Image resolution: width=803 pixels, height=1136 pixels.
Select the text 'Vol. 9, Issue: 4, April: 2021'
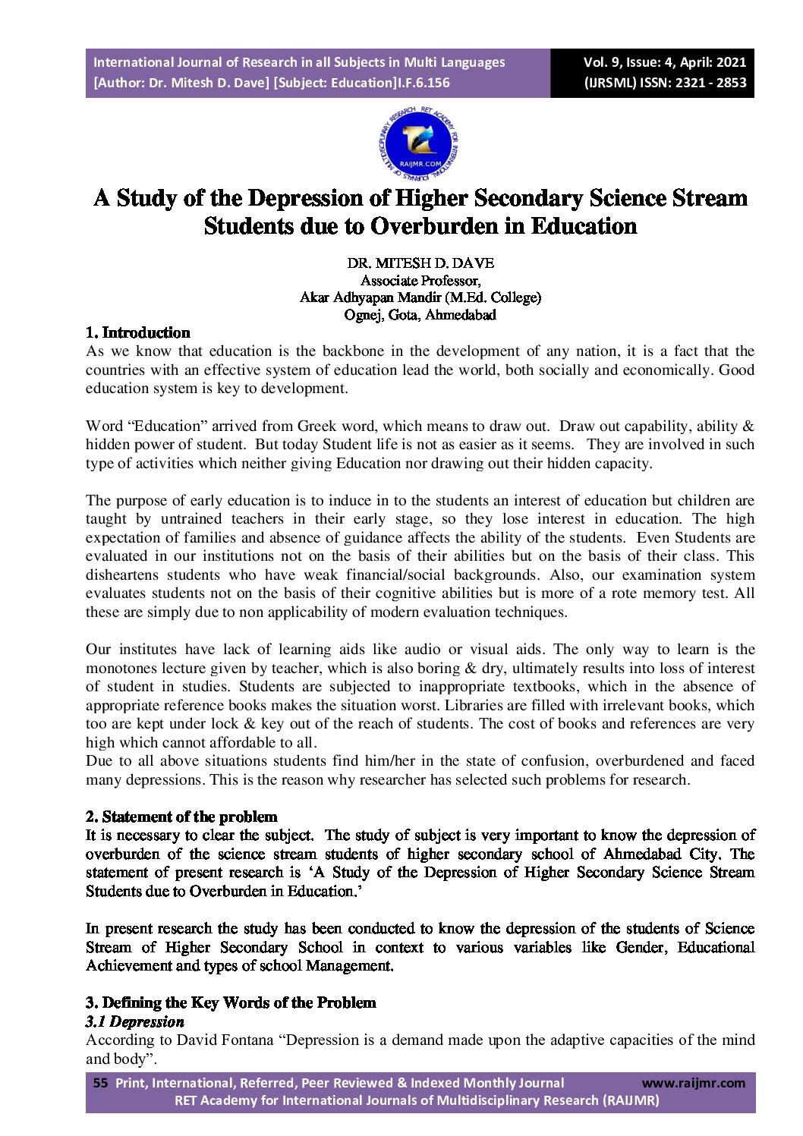[x=664, y=62]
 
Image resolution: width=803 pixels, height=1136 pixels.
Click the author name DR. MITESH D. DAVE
[x=420, y=263]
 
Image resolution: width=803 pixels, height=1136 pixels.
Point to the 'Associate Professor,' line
[x=420, y=280]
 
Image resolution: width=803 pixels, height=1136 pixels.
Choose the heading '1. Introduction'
[x=137, y=332]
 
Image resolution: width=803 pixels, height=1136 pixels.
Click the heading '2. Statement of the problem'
[x=181, y=817]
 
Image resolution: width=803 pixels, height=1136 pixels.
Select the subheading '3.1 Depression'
[x=134, y=1021]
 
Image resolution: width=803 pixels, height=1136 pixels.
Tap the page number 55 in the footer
[x=100, y=1083]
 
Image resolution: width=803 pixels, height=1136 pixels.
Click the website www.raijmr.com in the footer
[x=693, y=1083]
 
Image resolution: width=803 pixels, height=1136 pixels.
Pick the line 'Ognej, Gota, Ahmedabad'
[x=420, y=314]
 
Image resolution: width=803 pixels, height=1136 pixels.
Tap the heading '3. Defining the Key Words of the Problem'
[x=231, y=1002]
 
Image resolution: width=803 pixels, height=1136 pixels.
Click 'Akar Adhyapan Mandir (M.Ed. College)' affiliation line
[x=420, y=297]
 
